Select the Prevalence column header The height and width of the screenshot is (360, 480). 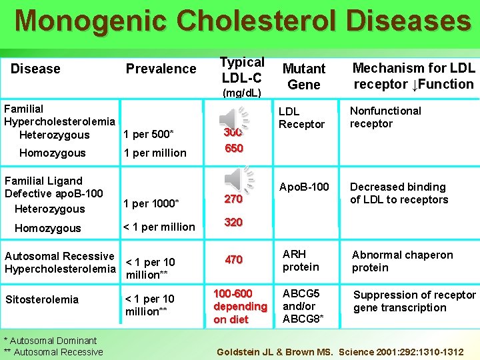(x=161, y=69)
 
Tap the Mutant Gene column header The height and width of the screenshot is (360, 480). (x=303, y=76)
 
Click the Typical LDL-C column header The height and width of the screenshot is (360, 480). (x=241, y=69)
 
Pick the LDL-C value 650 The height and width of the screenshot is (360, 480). (x=234, y=148)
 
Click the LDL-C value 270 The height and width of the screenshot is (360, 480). (x=233, y=199)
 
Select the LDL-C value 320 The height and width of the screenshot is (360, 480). (x=233, y=222)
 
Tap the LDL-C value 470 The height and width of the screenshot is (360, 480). (x=233, y=259)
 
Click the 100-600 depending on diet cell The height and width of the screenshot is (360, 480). (x=240, y=306)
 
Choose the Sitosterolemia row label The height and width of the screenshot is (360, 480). (x=41, y=299)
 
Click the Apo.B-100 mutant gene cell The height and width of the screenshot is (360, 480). (x=304, y=187)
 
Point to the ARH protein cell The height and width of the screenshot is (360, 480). (x=301, y=261)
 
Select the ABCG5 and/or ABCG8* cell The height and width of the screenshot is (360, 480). (x=303, y=306)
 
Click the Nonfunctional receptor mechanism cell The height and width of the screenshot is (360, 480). (x=385, y=117)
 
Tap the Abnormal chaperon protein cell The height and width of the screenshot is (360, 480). (x=401, y=261)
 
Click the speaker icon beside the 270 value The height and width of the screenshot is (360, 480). (x=238, y=180)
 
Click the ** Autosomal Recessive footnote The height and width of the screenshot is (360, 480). (x=53, y=351)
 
